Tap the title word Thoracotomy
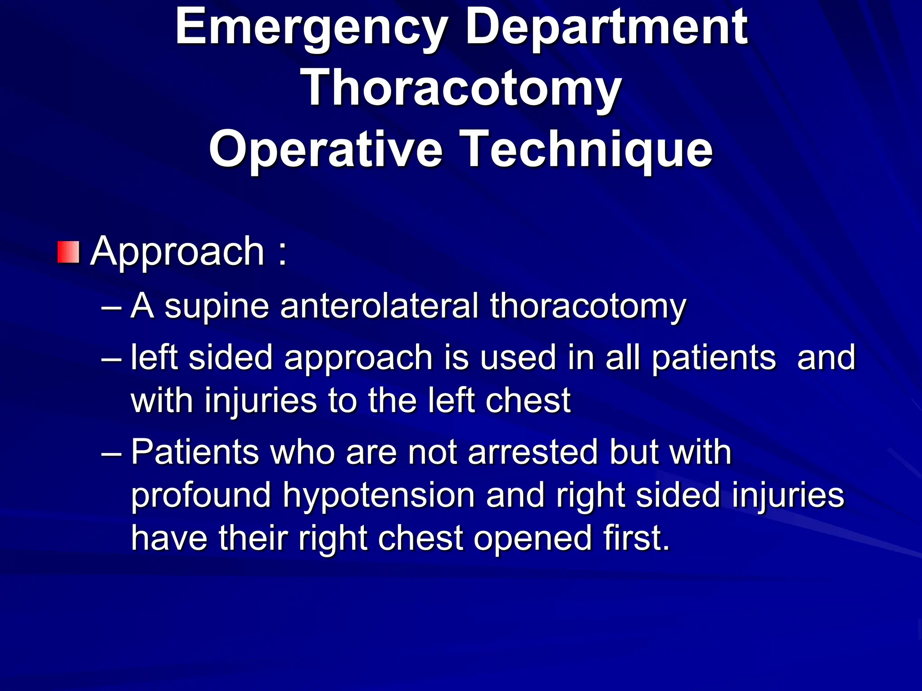pyautogui.click(x=463, y=89)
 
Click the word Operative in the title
pyautogui.click(x=325, y=149)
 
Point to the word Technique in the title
pyautogui.click(x=588, y=149)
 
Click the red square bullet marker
pyautogui.click(x=68, y=252)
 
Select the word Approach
pyautogui.click(x=177, y=252)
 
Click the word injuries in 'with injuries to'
pyautogui.click(x=261, y=401)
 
